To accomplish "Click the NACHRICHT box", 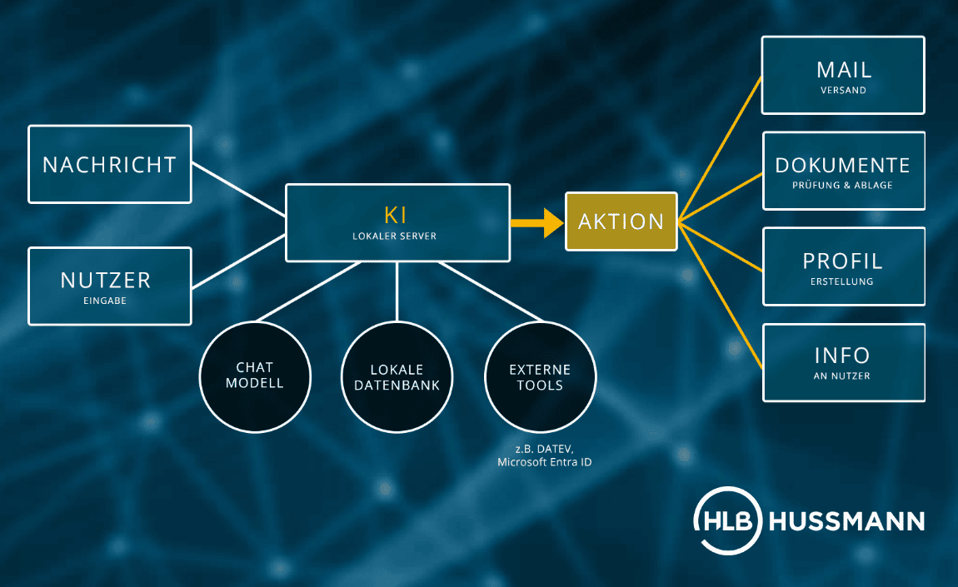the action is tap(110, 164).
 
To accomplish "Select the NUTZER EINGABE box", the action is tap(110, 286).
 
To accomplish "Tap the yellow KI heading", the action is tap(396, 215).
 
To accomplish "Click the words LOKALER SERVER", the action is tap(395, 236).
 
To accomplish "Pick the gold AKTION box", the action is tap(621, 221).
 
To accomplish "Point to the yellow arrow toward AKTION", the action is tap(537, 223).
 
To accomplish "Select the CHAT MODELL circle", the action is tap(255, 377).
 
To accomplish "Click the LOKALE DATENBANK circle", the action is tap(397, 377).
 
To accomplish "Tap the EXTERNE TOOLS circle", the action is tap(540, 377).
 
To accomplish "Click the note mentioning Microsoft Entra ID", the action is tap(544, 455).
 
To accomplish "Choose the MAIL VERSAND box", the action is tap(843, 75).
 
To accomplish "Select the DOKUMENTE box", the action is tap(844, 171).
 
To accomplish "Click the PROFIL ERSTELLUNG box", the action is tap(844, 266).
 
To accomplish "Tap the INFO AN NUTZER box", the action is tap(844, 363).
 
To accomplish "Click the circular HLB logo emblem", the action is tap(728, 521).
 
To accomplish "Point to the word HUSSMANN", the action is tap(847, 522).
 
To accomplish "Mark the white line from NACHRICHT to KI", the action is tap(239, 189).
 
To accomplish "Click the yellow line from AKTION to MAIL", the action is tap(721, 148).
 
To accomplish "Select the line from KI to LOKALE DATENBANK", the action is tap(397, 292).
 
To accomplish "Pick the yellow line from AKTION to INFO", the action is tap(721, 296).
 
